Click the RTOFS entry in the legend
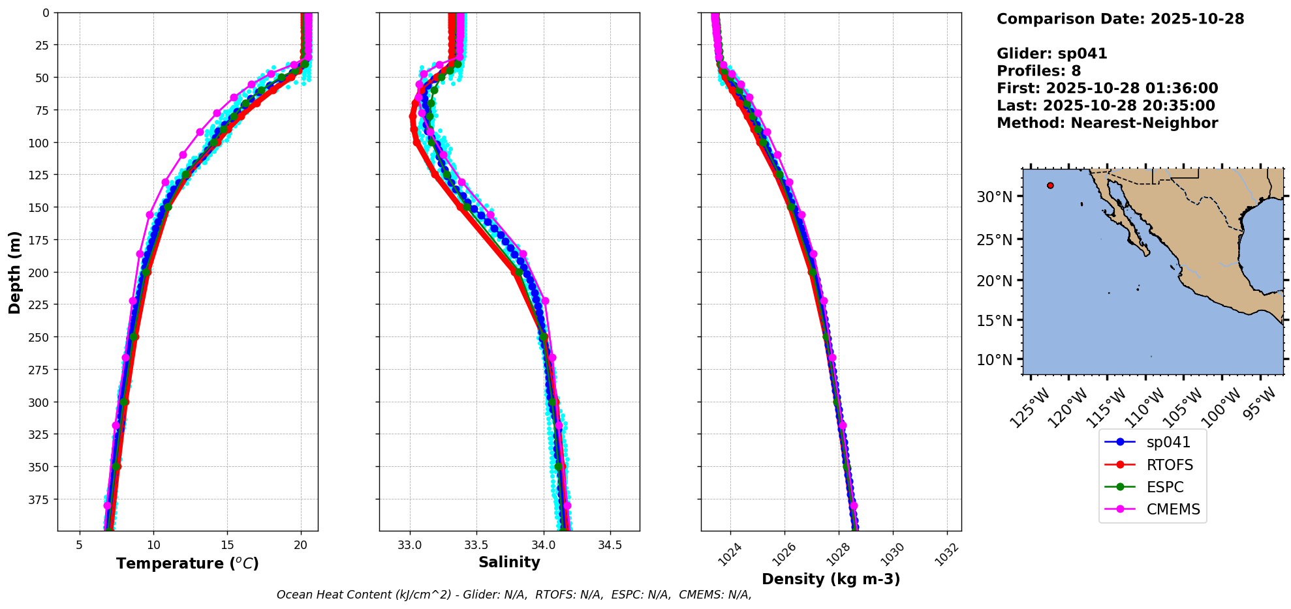click(1169, 465)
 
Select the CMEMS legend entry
click(1173, 509)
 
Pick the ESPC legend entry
click(1164, 487)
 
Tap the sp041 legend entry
click(1168, 442)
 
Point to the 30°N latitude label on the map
click(994, 197)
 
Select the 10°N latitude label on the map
click(994, 360)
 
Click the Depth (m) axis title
click(14, 272)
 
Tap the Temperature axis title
click(187, 563)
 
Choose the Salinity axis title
click(509, 562)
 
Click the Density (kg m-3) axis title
click(831, 579)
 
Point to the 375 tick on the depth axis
click(39, 499)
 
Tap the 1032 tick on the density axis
click(947, 554)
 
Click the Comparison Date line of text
click(1120, 19)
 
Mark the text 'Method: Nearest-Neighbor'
click(1107, 123)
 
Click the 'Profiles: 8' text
click(1038, 71)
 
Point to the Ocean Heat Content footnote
click(514, 595)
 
